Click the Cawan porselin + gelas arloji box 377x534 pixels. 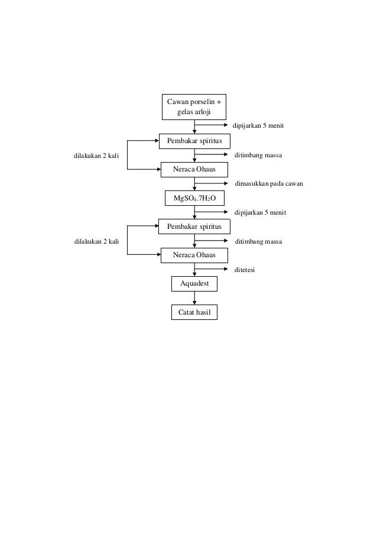tap(194, 107)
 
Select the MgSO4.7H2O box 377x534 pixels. tap(194, 198)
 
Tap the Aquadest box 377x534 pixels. tap(194, 284)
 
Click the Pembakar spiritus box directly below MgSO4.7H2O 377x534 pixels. tap(194, 226)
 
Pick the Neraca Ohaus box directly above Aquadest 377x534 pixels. tap(194, 255)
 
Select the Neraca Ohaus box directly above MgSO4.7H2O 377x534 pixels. tap(194, 170)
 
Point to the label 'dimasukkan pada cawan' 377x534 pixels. tap(269, 184)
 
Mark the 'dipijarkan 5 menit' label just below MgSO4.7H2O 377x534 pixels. tap(261, 212)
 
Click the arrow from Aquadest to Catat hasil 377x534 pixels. tap(194, 299)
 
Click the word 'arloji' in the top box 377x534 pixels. tap(202, 112)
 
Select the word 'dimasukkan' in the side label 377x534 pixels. tap(252, 184)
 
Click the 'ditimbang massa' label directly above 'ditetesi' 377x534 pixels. tap(258, 241)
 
